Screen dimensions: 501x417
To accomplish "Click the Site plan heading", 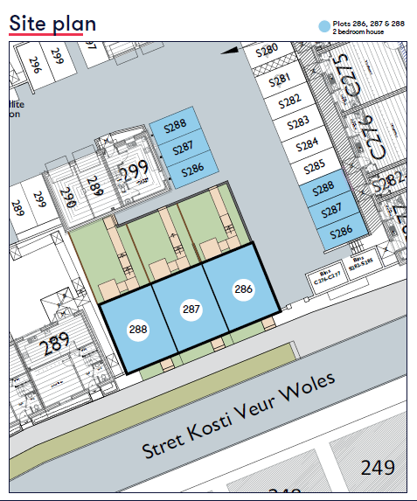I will (52, 22).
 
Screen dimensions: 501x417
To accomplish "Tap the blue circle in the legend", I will (325, 27).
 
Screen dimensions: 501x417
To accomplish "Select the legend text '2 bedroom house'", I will (358, 32).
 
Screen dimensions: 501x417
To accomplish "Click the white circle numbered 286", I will (243, 289).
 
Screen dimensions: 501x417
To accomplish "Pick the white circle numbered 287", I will (191, 309).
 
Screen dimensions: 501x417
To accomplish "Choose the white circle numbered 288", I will (138, 330).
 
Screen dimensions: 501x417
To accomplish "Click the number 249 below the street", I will (378, 468).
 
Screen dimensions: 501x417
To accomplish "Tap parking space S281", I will (279, 80).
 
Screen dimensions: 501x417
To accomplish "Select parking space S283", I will (298, 122).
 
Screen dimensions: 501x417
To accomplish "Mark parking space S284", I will (307, 144).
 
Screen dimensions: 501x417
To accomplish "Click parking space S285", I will (314, 166).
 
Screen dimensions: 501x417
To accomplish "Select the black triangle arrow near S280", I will (229, 52).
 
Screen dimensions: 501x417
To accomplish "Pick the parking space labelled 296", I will (35, 64).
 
